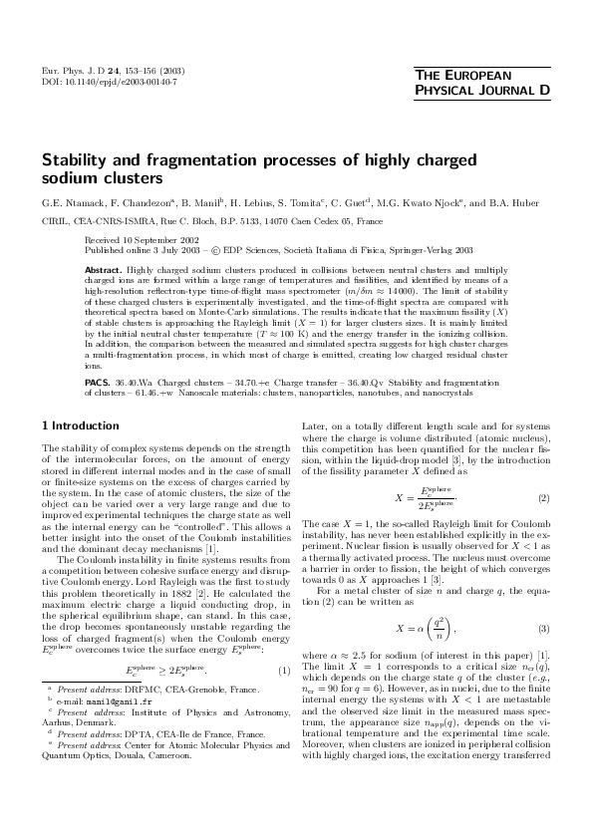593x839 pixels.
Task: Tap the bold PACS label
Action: click(98, 382)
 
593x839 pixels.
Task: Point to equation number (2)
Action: click(543, 495)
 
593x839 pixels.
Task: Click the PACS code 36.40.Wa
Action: click(132, 382)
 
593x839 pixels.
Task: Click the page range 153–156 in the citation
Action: click(140, 71)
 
